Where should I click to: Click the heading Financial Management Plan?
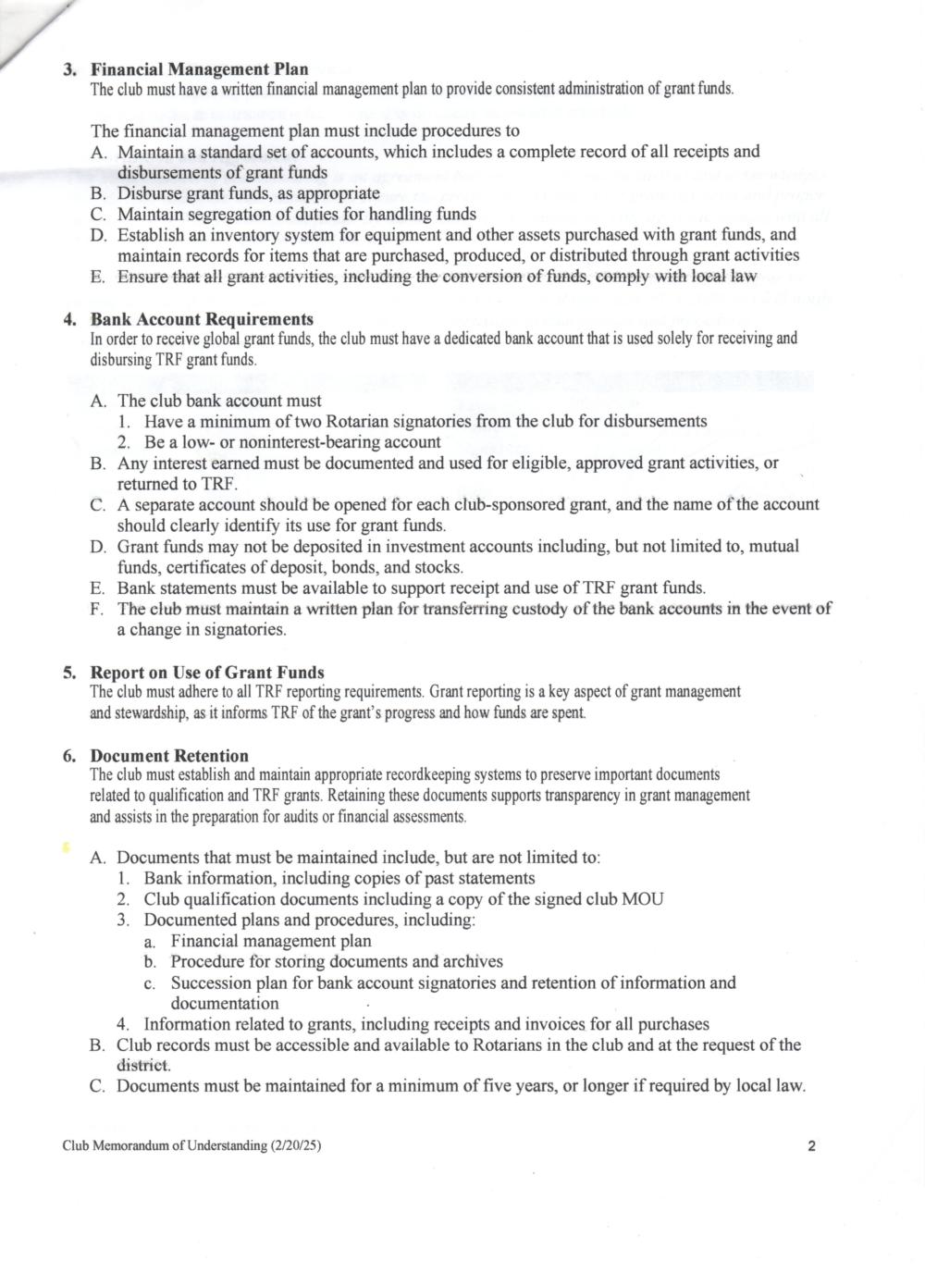(199, 69)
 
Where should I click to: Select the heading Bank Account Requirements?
(202, 320)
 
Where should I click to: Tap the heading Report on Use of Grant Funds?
(207, 673)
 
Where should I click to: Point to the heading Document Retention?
(169, 756)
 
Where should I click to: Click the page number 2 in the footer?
(811, 1146)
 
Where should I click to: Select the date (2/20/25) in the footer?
(296, 1146)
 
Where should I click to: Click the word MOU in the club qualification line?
(644, 899)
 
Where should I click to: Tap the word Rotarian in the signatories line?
(361, 421)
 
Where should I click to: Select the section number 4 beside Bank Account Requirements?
(69, 320)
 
